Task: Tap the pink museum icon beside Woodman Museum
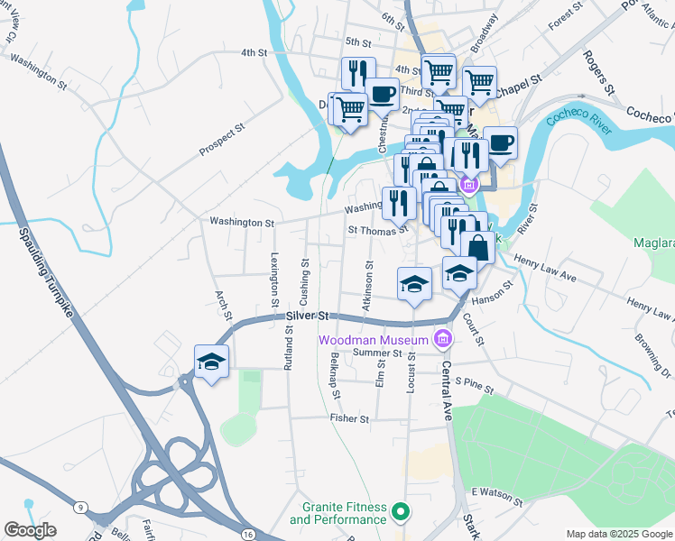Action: [442, 339]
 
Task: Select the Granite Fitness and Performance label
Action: [337, 514]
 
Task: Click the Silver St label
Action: [307, 316]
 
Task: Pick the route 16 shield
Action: [246, 535]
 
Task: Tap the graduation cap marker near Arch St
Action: [211, 362]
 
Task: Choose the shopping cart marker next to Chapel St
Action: [479, 82]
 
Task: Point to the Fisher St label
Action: [349, 419]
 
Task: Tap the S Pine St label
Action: [475, 386]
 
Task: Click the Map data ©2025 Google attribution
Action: [618, 534]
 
